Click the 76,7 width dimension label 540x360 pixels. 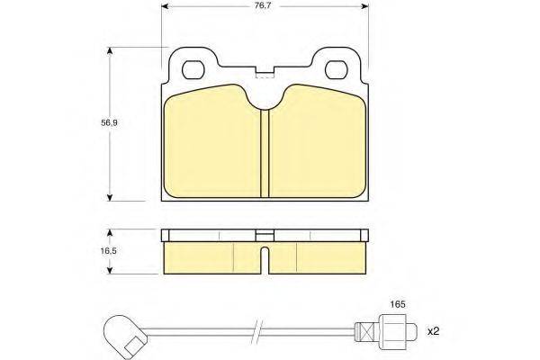(x=263, y=6)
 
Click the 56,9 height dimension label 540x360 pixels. (x=109, y=122)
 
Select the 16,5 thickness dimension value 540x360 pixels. (x=109, y=251)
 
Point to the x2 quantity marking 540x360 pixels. (x=434, y=332)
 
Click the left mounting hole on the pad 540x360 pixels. (x=193, y=69)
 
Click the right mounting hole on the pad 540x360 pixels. (x=337, y=69)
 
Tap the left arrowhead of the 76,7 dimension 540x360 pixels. (x=165, y=6)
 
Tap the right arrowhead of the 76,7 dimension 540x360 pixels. (x=365, y=6)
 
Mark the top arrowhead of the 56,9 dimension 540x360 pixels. (x=110, y=50)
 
